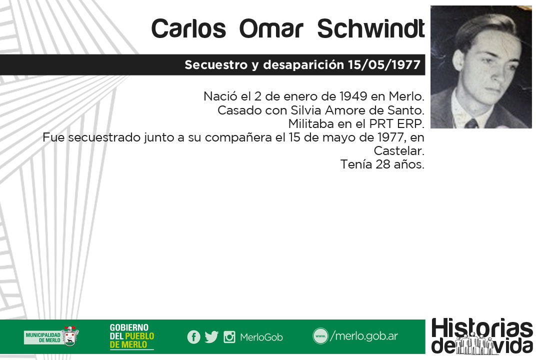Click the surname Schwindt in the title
371,28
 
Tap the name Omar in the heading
271,28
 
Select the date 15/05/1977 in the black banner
384,65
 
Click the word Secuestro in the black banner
216,65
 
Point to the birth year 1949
353,96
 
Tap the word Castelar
399,151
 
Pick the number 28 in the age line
382,164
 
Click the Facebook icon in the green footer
193,337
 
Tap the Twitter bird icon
211,337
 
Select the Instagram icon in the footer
229,337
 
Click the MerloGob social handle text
261,337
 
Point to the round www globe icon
320,336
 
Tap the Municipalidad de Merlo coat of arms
71,336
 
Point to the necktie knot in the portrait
471,123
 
